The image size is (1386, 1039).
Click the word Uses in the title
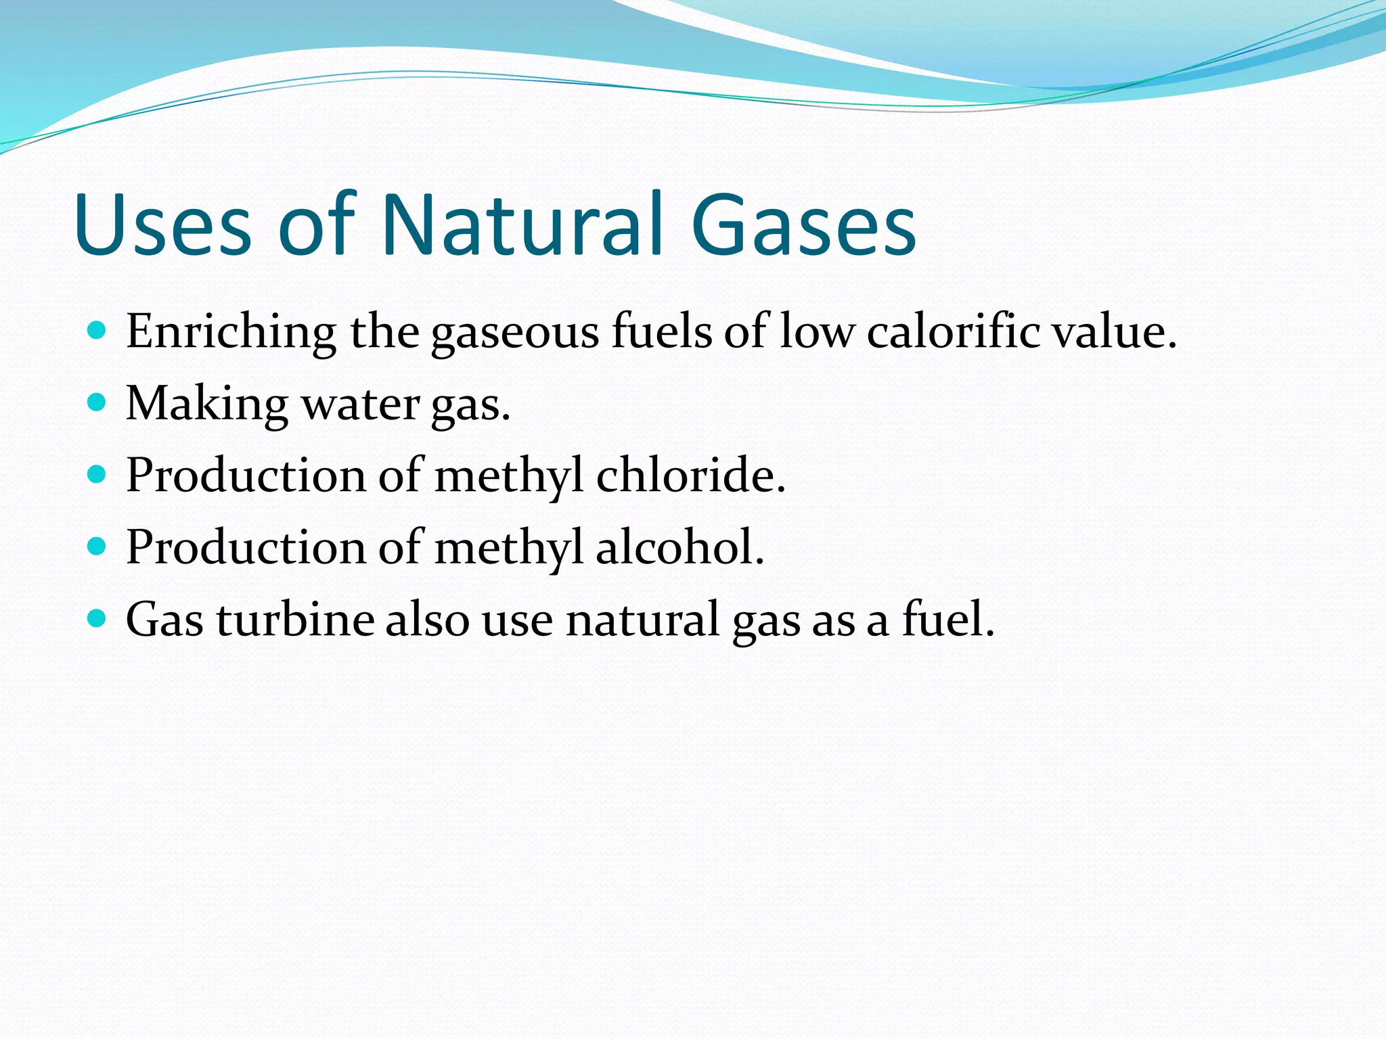[x=162, y=225]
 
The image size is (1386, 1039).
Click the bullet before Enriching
[x=97, y=331]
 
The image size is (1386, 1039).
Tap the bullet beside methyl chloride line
[x=97, y=474]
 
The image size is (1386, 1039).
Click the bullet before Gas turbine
[x=97, y=618]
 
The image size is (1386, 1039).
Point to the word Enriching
[x=231, y=332]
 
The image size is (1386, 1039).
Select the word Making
[x=207, y=405]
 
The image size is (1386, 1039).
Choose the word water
[x=361, y=405]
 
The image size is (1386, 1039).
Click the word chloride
[x=690, y=475]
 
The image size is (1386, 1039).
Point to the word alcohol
[x=679, y=547]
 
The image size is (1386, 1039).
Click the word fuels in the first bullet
[x=662, y=332]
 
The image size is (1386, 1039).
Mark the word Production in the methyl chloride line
[x=246, y=475]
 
